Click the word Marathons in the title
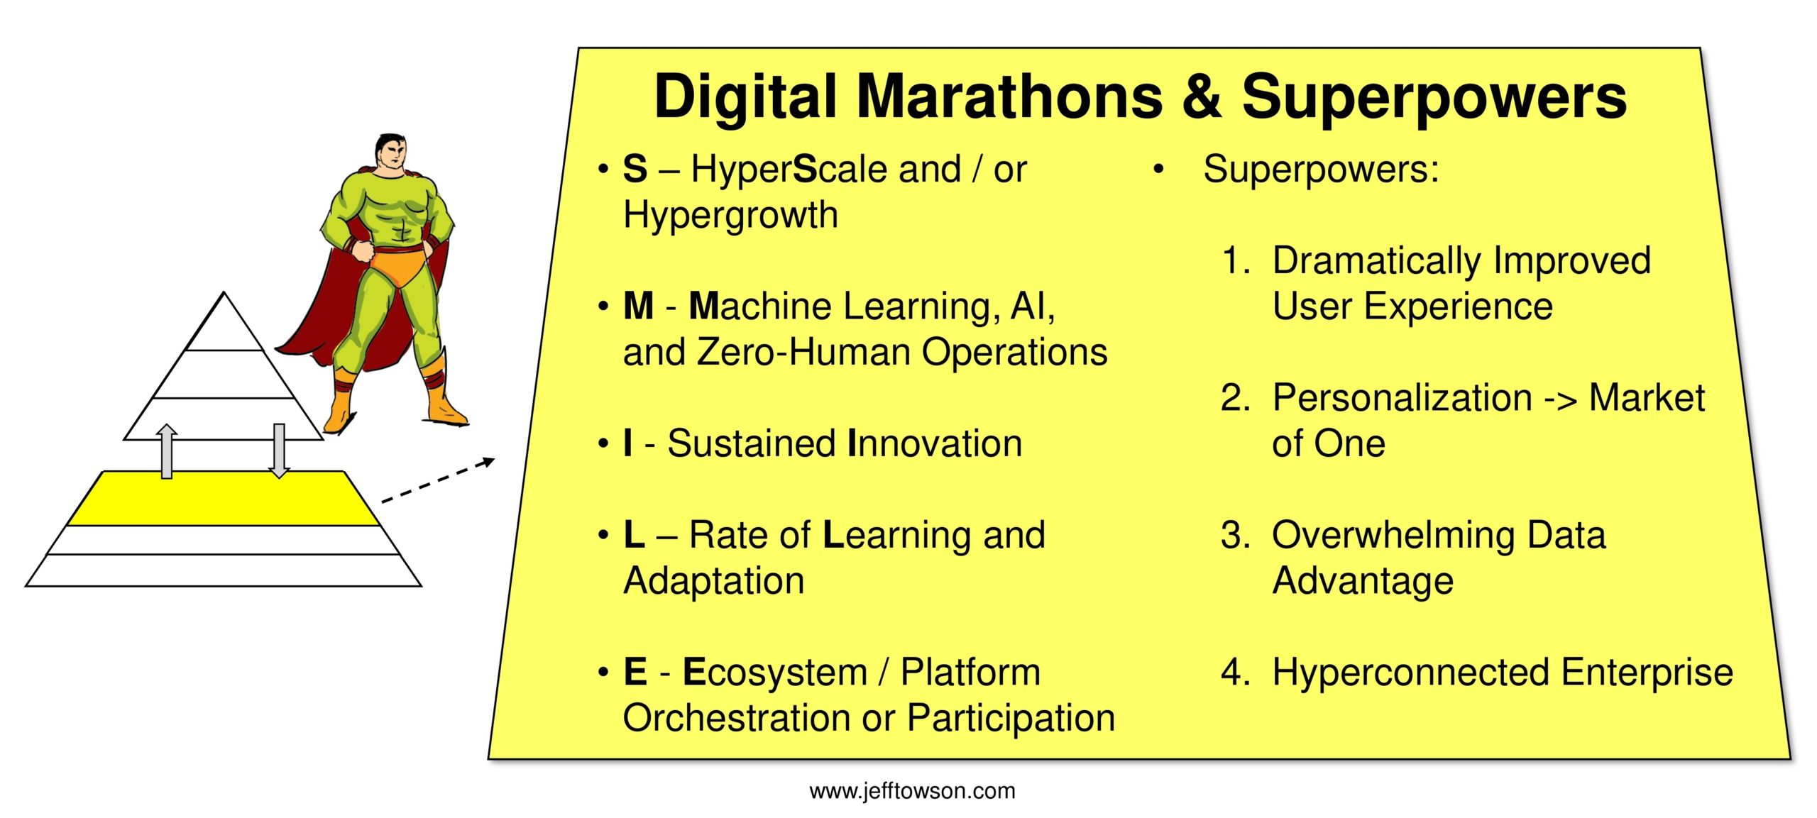(1009, 96)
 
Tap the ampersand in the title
(1202, 96)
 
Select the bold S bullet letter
(635, 169)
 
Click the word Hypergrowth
(730, 215)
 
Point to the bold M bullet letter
(638, 306)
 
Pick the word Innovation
(935, 443)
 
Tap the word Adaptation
(713, 581)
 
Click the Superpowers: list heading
(1321, 170)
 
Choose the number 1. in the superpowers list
(1236, 260)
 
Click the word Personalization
(1402, 398)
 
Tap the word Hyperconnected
(1410, 673)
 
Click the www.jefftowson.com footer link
(912, 791)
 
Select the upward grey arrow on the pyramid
(167, 451)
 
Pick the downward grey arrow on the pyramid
(280, 451)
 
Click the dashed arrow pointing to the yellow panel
(438, 481)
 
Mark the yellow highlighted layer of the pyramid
(223, 499)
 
